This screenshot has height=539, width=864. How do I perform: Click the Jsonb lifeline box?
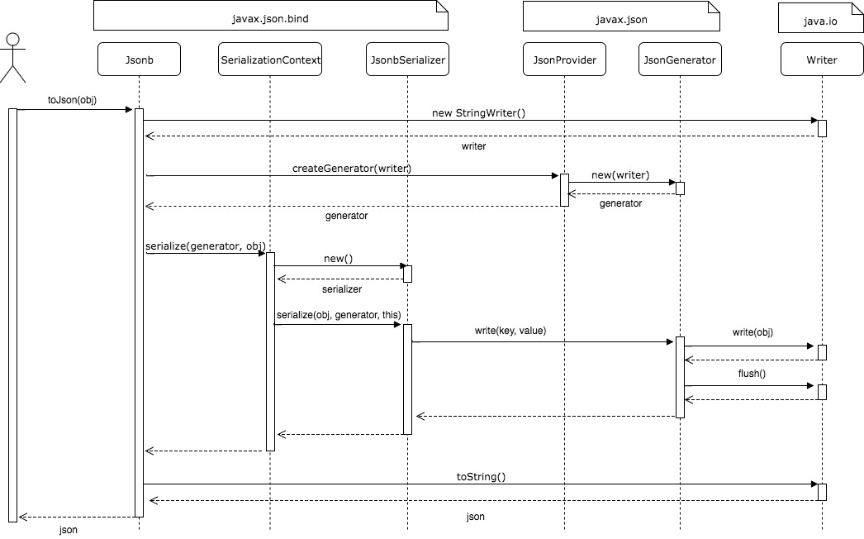(139, 60)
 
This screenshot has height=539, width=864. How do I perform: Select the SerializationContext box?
(271, 60)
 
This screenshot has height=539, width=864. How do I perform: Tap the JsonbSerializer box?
(407, 60)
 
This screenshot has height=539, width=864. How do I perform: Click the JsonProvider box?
(565, 60)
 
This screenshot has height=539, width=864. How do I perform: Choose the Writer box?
(822, 60)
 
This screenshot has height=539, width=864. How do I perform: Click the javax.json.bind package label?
(270, 16)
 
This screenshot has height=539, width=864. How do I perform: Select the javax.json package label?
(621, 16)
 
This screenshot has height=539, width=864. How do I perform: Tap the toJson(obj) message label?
(71, 99)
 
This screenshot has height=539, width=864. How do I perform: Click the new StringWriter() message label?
(478, 112)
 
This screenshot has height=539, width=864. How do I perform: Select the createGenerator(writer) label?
(352, 168)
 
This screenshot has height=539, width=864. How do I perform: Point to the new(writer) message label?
(620, 175)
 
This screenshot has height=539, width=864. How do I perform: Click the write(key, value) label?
(510, 331)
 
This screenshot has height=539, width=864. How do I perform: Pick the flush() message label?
(752, 374)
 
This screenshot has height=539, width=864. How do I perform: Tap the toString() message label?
(481, 476)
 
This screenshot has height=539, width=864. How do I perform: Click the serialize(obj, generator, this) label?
(339, 314)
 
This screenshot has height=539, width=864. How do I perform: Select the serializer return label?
(342, 290)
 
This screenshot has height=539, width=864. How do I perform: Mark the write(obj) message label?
(752, 332)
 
